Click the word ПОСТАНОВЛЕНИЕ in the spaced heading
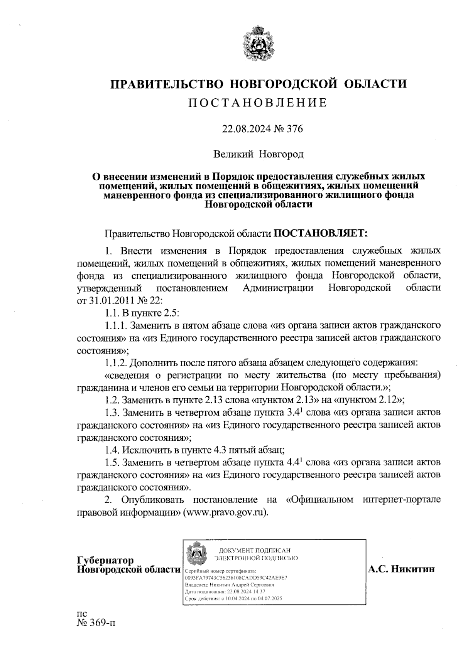[258, 103]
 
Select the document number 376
[294, 129]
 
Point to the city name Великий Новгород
[259, 155]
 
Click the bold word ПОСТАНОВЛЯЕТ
[321, 233]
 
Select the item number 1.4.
[112, 450]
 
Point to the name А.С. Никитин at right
[401, 569]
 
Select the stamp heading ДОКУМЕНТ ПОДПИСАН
[254, 550]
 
